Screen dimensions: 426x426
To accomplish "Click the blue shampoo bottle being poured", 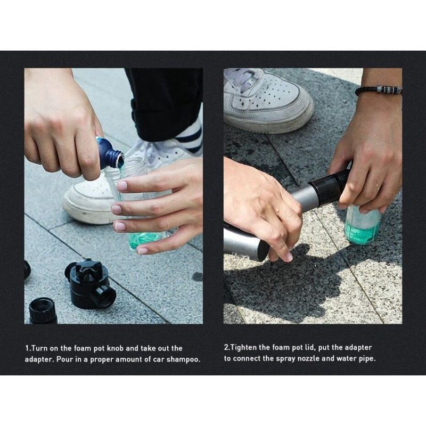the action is pos(110,153).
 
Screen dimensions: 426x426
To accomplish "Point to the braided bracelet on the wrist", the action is pos(379,90).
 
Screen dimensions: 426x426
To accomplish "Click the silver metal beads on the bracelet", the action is pos(389,89).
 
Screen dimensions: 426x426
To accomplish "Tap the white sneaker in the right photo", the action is pos(268,101).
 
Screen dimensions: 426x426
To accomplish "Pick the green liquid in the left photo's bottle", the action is pos(141,241).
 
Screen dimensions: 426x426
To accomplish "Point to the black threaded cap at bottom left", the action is pos(43,310).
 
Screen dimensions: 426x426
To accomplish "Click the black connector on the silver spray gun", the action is pos(329,188).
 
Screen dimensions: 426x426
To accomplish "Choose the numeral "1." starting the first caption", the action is pos(28,348).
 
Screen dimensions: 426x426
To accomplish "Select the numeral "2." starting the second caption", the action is pos(227,348).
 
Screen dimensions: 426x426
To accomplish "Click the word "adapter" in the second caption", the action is pos(357,348).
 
